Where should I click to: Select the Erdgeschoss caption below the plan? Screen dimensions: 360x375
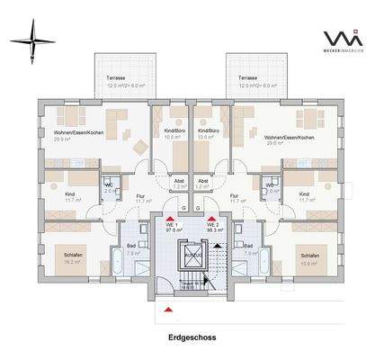[187, 338]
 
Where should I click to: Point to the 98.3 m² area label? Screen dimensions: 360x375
[212, 230]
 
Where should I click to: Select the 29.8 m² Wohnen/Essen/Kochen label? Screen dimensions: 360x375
[290, 137]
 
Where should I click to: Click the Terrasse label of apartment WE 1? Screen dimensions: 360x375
[116, 79]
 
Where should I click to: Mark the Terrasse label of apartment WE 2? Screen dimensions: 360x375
[248, 79]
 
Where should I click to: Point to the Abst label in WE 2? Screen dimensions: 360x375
[203, 181]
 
